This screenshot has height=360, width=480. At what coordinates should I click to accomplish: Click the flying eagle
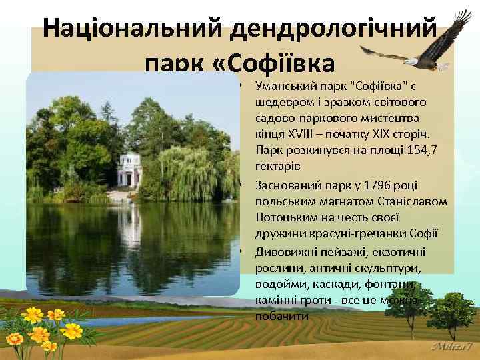click(416, 47)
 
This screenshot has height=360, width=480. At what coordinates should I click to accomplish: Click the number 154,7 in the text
click(417, 149)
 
